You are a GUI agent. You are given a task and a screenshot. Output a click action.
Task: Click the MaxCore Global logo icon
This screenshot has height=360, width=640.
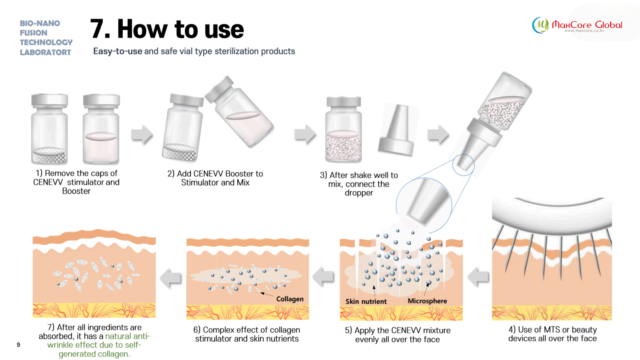(540, 25)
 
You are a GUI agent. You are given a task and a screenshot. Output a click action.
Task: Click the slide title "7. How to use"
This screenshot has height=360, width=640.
(167, 29)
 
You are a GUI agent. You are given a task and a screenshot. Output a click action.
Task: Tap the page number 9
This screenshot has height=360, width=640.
(18, 345)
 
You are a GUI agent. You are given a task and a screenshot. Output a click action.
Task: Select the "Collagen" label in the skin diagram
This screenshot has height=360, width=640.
(290, 299)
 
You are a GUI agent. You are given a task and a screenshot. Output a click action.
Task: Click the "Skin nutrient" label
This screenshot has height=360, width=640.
(366, 301)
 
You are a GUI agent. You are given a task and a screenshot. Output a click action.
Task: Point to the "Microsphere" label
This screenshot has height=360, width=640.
(427, 301)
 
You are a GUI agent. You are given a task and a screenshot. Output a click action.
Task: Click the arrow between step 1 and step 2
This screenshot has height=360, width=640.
(142, 135)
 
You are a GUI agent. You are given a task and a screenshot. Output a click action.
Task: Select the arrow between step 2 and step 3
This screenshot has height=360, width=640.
(305, 135)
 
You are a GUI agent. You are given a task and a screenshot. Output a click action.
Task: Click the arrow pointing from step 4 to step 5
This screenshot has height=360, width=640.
(478, 277)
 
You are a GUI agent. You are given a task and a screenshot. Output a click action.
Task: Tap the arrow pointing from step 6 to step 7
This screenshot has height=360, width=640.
(170, 277)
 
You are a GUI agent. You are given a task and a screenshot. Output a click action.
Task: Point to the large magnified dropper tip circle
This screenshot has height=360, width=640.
(424, 205)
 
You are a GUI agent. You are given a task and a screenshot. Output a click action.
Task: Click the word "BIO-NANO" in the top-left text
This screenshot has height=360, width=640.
(40, 23)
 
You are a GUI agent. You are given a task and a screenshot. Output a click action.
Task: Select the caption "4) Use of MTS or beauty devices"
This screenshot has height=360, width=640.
(552, 334)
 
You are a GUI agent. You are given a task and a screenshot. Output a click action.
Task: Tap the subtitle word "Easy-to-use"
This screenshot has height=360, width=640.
(117, 51)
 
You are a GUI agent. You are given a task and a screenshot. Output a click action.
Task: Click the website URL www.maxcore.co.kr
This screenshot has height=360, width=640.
(584, 31)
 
